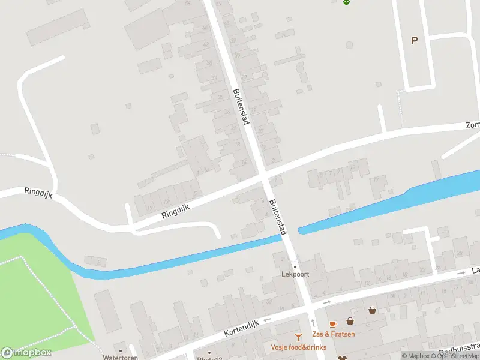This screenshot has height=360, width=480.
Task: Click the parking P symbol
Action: coord(413,40)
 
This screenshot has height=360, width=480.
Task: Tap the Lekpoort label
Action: coord(295,275)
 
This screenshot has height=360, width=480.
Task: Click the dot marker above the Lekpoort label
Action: coord(295,266)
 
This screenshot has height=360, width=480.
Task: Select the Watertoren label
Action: coord(120,358)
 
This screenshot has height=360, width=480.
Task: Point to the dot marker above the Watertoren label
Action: coord(121,350)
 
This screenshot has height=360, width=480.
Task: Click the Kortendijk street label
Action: coord(241,328)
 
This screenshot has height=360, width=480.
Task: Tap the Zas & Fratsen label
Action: coord(333,334)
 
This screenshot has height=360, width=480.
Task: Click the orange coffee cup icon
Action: coord(333,325)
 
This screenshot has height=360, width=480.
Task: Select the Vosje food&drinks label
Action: coord(298,347)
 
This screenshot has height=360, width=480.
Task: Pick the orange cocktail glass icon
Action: coord(298,337)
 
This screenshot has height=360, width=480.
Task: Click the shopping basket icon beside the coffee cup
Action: coord(350,321)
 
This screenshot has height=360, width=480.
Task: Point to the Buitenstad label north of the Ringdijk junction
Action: coord(241,106)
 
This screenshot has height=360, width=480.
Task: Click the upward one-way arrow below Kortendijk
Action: coord(312,323)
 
